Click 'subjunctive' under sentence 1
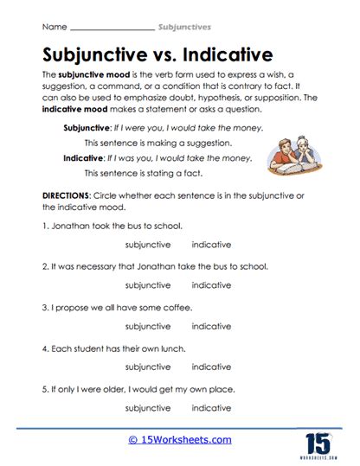[x=148, y=244]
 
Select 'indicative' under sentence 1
[x=211, y=244]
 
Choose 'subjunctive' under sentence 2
[x=148, y=285]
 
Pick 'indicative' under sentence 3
[x=211, y=327]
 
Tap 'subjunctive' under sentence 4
[x=148, y=367]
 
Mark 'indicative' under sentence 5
[x=211, y=408]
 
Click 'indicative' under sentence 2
[x=211, y=285]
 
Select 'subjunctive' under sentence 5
[x=148, y=408]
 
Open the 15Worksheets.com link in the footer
[x=180, y=440]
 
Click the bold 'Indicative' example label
[x=86, y=158]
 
